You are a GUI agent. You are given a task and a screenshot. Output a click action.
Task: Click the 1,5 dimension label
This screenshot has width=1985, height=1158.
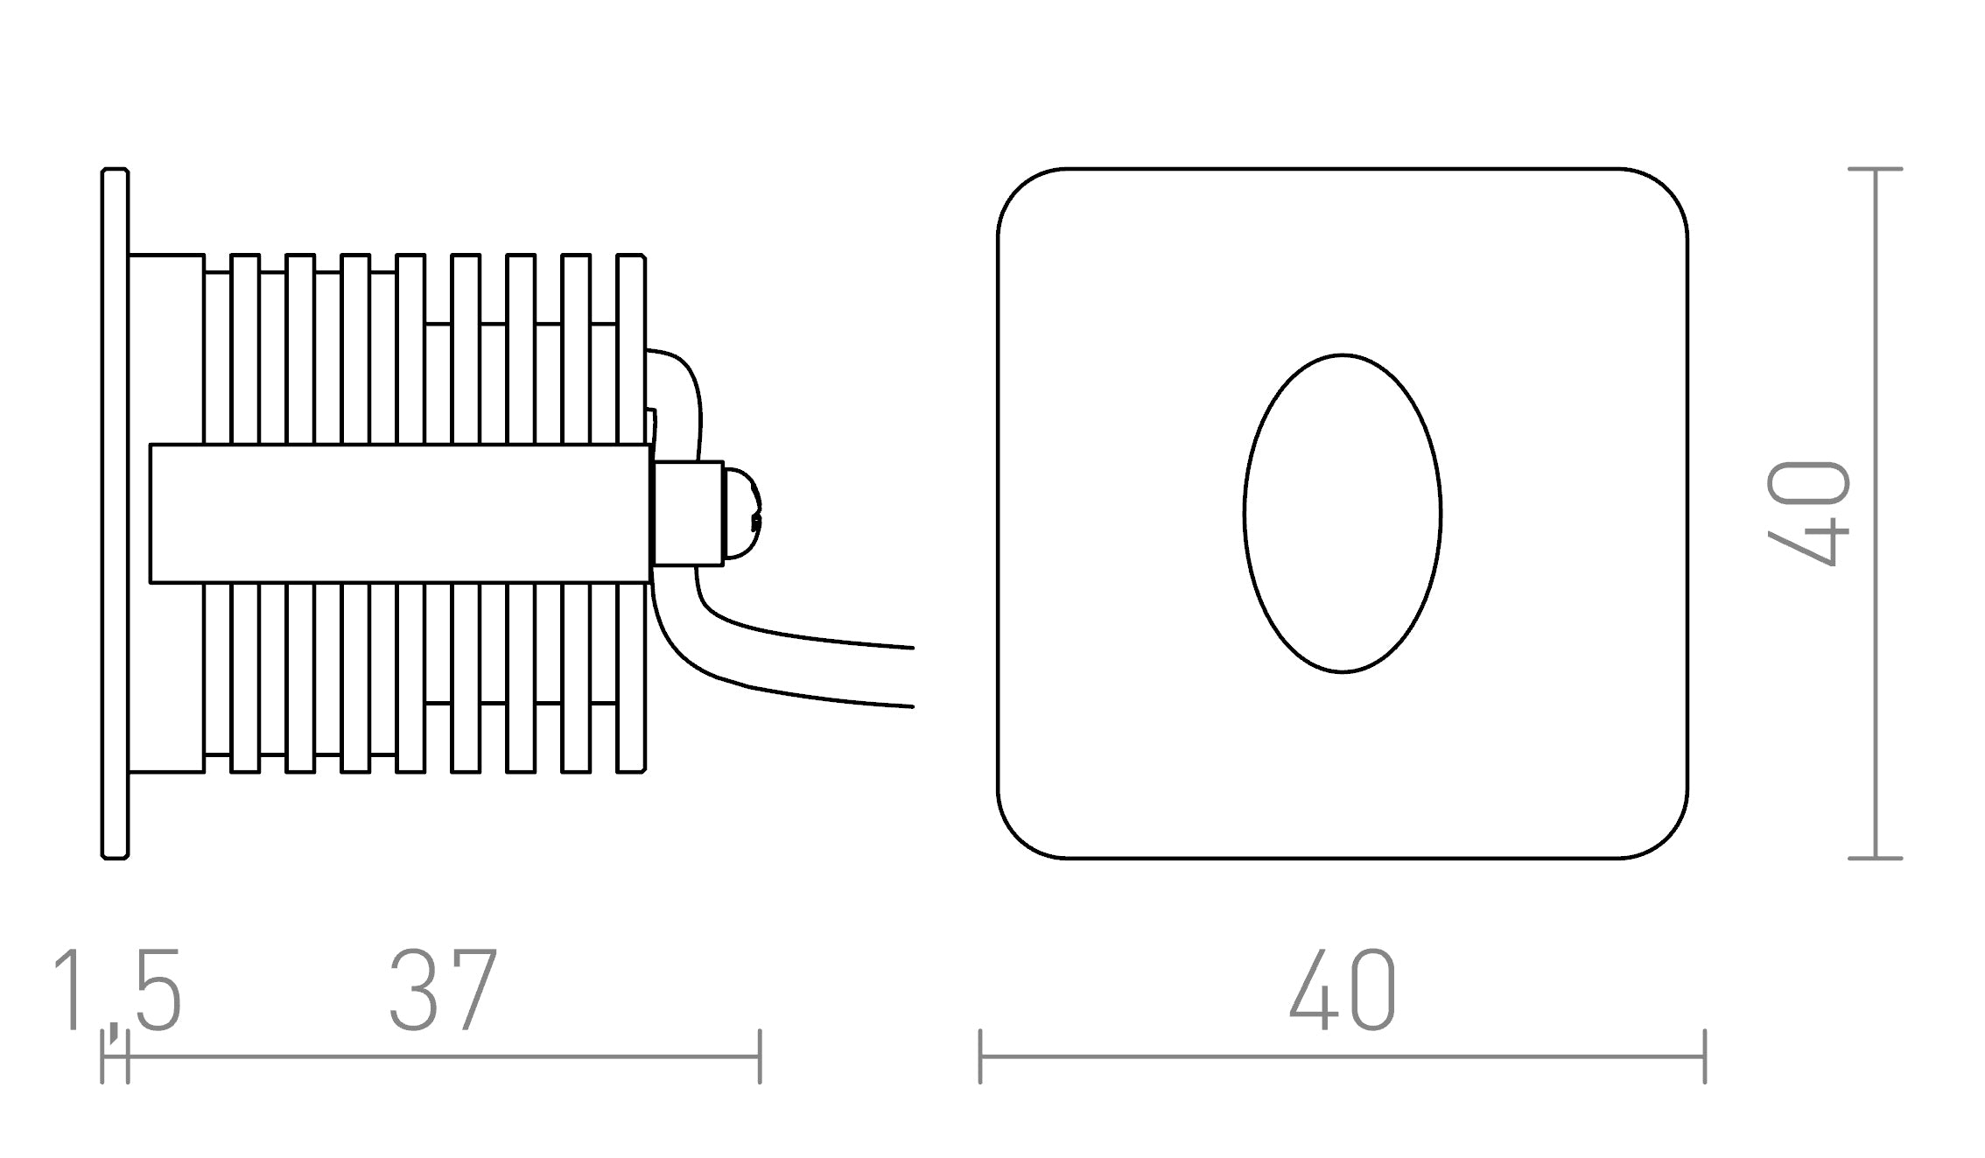(117, 990)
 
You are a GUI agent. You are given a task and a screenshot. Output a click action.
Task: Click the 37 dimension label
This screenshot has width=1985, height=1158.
(443, 990)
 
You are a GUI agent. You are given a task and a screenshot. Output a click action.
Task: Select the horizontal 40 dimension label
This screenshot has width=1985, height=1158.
(1343, 990)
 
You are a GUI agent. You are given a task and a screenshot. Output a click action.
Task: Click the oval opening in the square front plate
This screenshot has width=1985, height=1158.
(1342, 513)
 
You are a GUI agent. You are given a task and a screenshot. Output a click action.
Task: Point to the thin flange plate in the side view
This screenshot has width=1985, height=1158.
(115, 513)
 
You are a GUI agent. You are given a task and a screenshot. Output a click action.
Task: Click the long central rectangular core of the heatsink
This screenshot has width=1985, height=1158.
(399, 513)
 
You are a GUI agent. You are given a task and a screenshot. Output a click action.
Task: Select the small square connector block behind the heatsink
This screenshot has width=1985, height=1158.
(688, 513)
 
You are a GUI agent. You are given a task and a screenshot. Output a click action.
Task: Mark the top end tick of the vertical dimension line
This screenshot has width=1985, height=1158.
(1875, 168)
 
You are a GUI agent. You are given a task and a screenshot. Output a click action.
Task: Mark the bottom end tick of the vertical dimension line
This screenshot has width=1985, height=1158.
(1875, 858)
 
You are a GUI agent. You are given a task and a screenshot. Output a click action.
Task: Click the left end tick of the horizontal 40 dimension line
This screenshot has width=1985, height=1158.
(980, 1056)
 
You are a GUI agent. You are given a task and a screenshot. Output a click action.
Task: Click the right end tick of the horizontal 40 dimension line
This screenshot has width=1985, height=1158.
(1705, 1056)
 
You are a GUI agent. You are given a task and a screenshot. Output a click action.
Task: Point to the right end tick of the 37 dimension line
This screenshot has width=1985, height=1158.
(760, 1056)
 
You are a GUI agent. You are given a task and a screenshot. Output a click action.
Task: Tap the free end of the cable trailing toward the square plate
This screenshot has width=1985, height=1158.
(910, 677)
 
